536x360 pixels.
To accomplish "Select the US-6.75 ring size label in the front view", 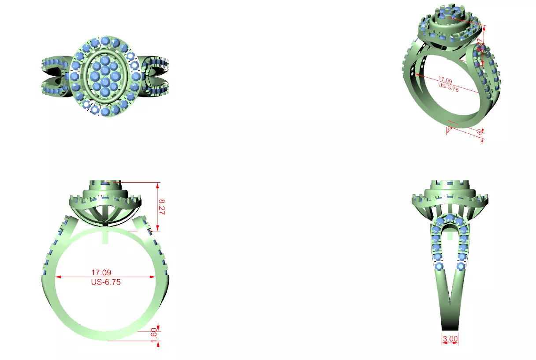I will click(x=105, y=282).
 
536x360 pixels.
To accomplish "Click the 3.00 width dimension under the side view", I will click(x=450, y=339).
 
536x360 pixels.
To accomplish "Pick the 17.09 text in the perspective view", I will click(x=445, y=81).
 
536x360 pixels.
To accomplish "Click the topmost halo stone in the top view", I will click(x=105, y=41).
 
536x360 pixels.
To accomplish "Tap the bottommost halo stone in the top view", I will click(x=105, y=112).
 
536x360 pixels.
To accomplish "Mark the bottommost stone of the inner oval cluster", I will click(x=105, y=92).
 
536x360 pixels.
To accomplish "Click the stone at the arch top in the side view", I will click(x=450, y=217).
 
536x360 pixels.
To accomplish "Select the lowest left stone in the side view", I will click(x=438, y=266).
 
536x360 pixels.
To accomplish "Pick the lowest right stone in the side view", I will click(x=461, y=266).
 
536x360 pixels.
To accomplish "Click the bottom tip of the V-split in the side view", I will click(x=450, y=304).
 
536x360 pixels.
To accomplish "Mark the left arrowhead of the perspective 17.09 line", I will click(x=416, y=75).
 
